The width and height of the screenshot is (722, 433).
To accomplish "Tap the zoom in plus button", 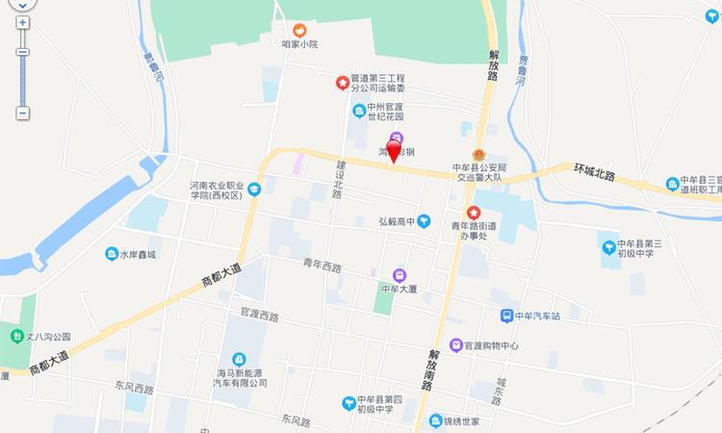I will pos(22,21).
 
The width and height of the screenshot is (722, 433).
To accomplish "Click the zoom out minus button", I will pos(22,113).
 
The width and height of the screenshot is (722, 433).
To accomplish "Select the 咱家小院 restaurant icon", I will pos(299,30).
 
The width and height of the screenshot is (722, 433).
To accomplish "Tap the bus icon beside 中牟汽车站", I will pos(505,316).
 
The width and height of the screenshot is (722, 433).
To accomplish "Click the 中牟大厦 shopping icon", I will pos(399,274).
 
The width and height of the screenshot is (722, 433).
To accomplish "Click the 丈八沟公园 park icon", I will pos(16,336).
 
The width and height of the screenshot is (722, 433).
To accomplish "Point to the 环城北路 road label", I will pos(606,172).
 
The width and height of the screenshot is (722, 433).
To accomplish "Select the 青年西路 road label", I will pos(322,266).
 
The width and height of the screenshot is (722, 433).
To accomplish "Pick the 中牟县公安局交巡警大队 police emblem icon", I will pos(478,155).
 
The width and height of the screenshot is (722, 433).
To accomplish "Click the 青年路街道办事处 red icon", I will pos(473,213).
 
